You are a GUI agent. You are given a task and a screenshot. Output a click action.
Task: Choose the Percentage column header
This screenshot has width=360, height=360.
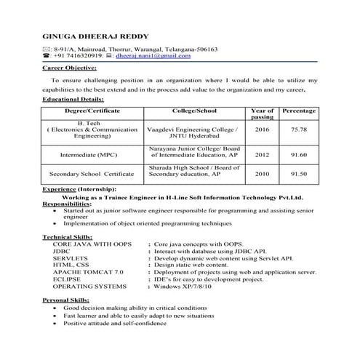[298, 111]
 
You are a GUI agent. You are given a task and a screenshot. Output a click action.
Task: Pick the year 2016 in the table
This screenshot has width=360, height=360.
[263, 129]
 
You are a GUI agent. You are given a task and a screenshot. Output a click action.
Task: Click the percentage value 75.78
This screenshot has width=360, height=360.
[299, 129]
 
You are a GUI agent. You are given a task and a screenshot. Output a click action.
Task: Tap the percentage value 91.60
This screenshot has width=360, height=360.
[299, 155]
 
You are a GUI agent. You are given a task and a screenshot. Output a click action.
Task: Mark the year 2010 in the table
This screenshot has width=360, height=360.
[263, 175]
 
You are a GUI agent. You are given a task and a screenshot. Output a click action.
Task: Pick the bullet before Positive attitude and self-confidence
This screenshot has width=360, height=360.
[56, 324]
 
